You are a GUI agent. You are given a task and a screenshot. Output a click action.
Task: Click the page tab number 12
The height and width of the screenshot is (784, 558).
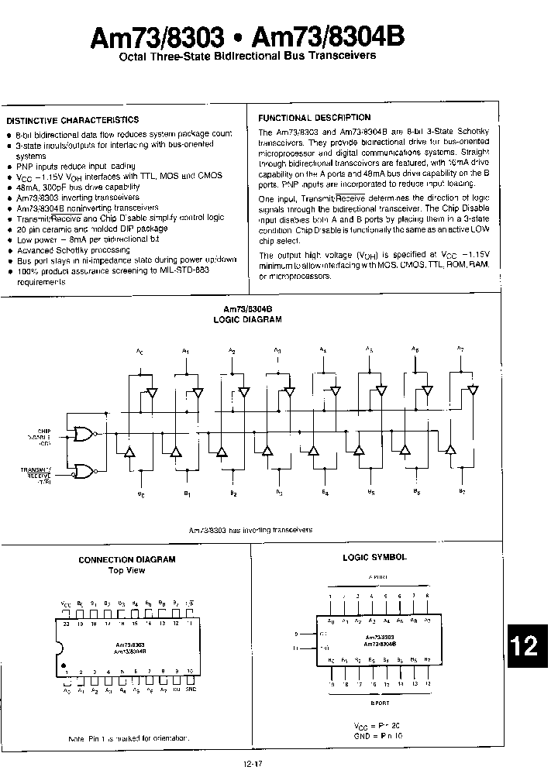(x=529, y=645)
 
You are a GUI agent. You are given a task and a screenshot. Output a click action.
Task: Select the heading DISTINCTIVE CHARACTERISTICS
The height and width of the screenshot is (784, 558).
(x=73, y=120)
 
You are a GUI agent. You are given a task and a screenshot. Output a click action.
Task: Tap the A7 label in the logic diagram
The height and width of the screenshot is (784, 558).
(x=460, y=350)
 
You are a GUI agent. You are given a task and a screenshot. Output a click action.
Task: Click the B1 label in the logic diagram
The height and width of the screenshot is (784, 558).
(x=186, y=493)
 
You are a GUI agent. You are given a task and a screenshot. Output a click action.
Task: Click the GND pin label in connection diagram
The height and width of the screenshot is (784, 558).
(x=191, y=689)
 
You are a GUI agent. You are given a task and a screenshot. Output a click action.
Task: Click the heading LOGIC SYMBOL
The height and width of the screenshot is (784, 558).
(x=374, y=557)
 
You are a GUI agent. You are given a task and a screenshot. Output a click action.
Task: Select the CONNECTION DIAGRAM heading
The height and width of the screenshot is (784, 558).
(x=127, y=559)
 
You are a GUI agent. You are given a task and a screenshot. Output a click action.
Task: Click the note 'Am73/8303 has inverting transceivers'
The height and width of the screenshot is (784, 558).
(x=252, y=530)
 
